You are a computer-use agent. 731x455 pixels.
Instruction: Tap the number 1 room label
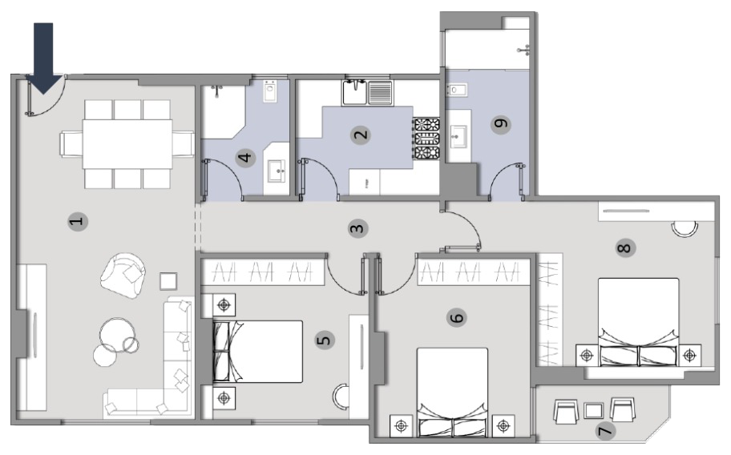(78, 221)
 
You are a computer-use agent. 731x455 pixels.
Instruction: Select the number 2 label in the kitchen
(361, 135)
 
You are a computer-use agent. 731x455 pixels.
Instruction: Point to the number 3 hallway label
(357, 228)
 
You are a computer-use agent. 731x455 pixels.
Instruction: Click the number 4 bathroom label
(245, 158)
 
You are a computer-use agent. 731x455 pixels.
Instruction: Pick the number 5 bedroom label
(324, 340)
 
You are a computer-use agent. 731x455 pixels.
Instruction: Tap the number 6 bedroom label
(458, 317)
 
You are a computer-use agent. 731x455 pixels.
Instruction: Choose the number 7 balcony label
(605, 431)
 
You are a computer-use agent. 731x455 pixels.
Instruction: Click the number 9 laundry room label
(501, 124)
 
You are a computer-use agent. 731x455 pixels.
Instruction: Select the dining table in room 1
(127, 144)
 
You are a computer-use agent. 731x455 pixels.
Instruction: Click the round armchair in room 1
(123, 276)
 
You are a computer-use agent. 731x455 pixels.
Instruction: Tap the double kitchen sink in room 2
(368, 92)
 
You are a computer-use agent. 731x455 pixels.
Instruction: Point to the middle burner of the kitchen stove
(427, 139)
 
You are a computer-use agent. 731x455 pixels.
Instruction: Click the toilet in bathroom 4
(270, 91)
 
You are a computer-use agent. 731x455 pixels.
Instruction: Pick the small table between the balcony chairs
(593, 411)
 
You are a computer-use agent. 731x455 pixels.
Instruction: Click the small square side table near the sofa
(168, 282)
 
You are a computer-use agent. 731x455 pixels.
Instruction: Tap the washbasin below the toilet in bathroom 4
(277, 171)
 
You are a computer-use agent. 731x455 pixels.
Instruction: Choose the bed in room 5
(257, 352)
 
